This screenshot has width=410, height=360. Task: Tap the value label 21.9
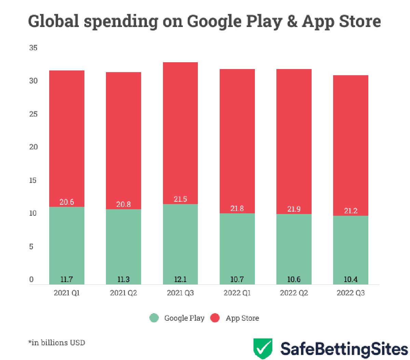pyautogui.click(x=294, y=209)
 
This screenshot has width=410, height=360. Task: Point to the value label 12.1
pyautogui.click(x=180, y=279)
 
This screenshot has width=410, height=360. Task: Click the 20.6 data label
pyautogui.click(x=67, y=202)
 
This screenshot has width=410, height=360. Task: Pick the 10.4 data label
pyautogui.click(x=351, y=279)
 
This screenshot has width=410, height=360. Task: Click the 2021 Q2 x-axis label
pyautogui.click(x=123, y=293)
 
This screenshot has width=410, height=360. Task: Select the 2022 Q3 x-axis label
pyautogui.click(x=351, y=293)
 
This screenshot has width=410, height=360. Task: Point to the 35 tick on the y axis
pyautogui.click(x=33, y=48)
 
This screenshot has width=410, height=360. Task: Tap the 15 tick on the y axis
pyautogui.click(x=33, y=180)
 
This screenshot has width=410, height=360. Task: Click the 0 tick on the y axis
pyautogui.click(x=31, y=279)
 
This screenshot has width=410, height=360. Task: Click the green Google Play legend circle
pyautogui.click(x=154, y=318)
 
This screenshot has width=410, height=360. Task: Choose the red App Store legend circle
pyautogui.click(x=215, y=318)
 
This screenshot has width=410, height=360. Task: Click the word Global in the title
pyautogui.click(x=54, y=21)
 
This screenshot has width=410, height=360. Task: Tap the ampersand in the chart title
pyautogui.click(x=292, y=21)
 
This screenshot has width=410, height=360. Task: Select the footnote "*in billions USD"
pyautogui.click(x=57, y=342)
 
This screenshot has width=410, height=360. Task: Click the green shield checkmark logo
pyautogui.click(x=263, y=348)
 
